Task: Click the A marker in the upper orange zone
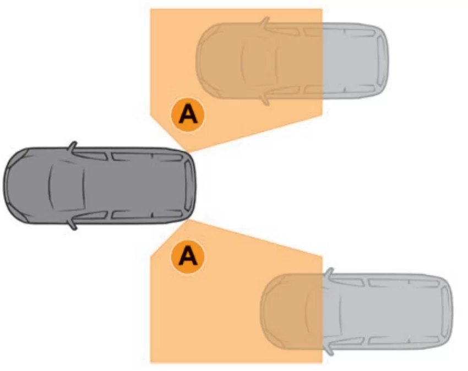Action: [187, 114]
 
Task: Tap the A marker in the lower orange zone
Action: [187, 257]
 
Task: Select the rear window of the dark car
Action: [189, 185]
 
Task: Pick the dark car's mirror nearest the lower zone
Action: [73, 224]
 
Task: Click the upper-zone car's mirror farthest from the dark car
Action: [265, 22]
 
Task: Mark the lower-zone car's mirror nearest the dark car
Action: [329, 273]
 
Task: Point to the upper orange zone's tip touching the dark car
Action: [187, 151]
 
